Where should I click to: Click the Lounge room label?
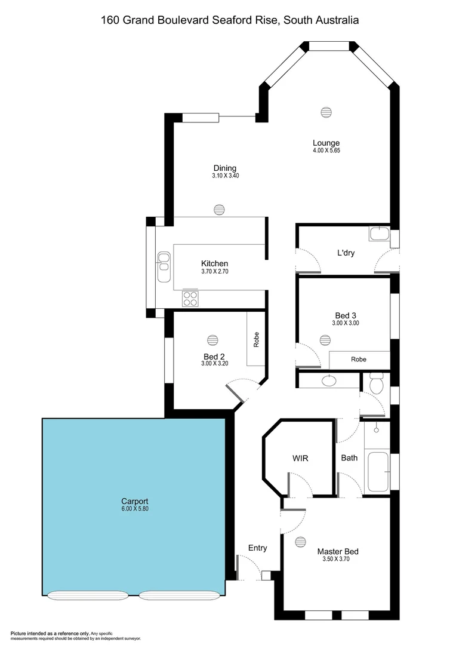pyautogui.click(x=326, y=143)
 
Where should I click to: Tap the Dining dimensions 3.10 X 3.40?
pyautogui.click(x=224, y=176)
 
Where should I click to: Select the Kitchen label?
pyautogui.click(x=214, y=263)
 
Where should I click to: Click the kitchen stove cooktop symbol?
pyautogui.click(x=190, y=297)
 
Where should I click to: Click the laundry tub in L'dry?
pyautogui.click(x=378, y=234)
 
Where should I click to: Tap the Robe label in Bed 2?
pyautogui.click(x=257, y=339)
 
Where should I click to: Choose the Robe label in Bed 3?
pyautogui.click(x=358, y=360)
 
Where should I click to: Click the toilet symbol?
pyautogui.click(x=375, y=383)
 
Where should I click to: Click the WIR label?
pyautogui.click(x=300, y=458)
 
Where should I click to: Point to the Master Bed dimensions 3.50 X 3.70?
pyautogui.click(x=337, y=560)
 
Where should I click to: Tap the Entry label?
pyautogui.click(x=258, y=548)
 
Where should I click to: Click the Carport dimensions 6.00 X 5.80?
pyautogui.click(x=134, y=509)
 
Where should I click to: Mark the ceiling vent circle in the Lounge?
pyautogui.click(x=325, y=112)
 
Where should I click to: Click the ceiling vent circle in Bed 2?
pyautogui.click(x=212, y=340)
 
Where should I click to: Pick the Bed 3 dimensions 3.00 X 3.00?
pyautogui.click(x=346, y=323)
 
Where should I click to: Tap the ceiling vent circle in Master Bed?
pyautogui.click(x=300, y=541)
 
